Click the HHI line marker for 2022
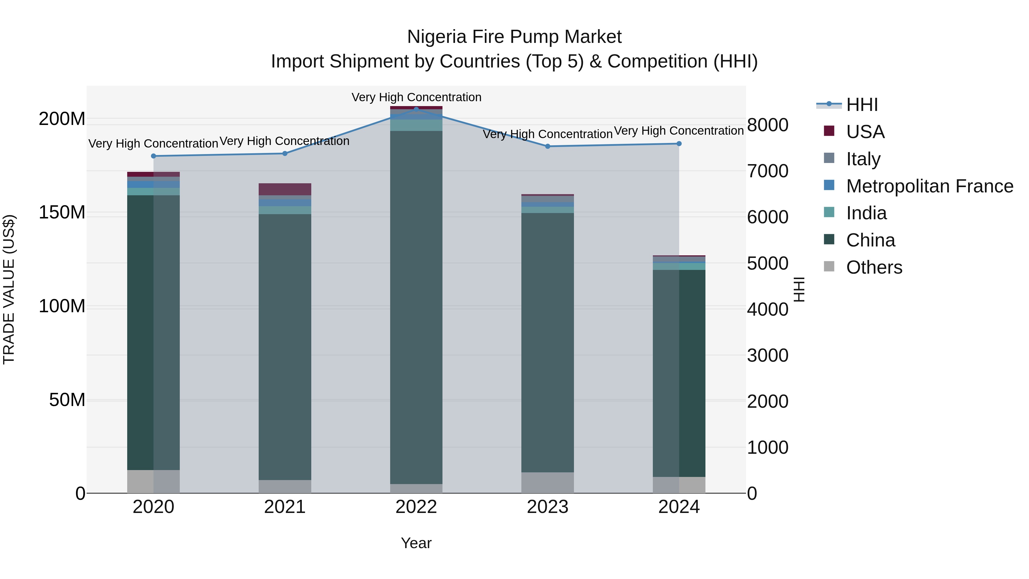click(416, 109)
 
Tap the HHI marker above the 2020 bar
click(153, 156)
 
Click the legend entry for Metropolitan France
click(929, 186)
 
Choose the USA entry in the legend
click(865, 132)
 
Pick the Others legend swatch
click(829, 266)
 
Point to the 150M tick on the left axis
click(62, 212)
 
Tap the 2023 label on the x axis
click(547, 507)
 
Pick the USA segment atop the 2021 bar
click(285, 189)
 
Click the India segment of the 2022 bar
click(416, 125)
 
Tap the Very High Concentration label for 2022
click(416, 97)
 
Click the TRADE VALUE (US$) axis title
click(9, 289)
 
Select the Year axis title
click(416, 543)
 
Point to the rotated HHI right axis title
click(799, 289)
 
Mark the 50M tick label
click(67, 400)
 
